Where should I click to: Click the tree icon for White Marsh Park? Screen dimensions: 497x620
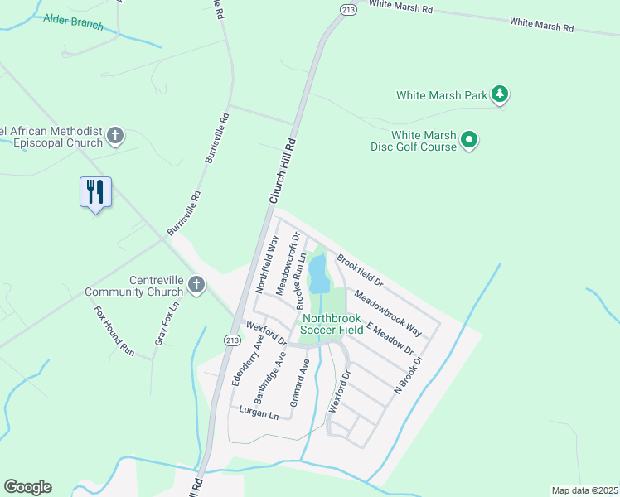point(499,95)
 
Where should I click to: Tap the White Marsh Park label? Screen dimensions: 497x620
point(441,95)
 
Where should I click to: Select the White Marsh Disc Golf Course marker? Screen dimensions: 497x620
point(469,140)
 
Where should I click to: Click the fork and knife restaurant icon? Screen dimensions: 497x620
point(95,192)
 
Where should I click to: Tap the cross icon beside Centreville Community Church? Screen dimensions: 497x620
point(196,286)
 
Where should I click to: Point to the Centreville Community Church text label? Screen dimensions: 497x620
point(133,286)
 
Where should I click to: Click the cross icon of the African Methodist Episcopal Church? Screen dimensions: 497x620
point(115,135)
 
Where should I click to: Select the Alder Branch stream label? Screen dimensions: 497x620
point(74,22)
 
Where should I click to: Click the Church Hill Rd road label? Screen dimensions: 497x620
point(282,172)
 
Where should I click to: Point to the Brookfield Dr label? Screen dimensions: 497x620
point(360,269)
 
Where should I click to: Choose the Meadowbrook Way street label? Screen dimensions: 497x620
point(388,312)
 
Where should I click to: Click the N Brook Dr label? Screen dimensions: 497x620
point(409,374)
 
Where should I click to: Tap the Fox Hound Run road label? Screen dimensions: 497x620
point(114,331)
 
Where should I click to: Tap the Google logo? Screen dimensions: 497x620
point(27,487)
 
